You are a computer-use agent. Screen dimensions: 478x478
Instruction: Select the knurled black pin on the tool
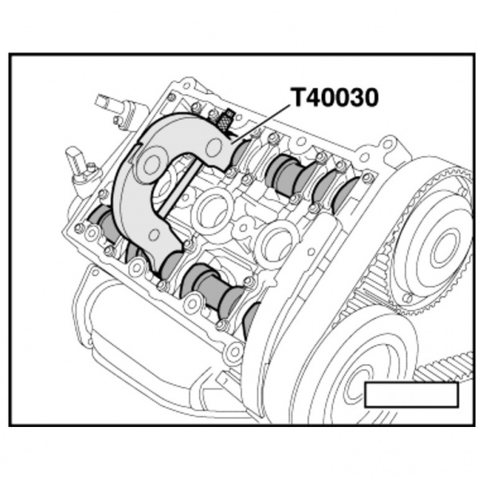coord(225,120)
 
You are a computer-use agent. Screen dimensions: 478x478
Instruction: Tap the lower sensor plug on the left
coord(80,160)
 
